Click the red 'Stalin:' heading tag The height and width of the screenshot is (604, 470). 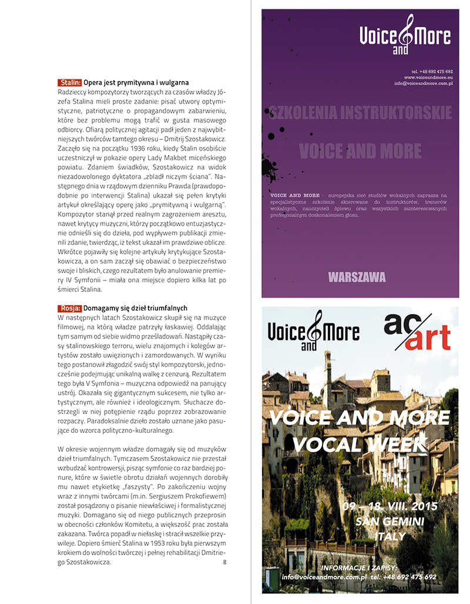pyautogui.click(x=70, y=83)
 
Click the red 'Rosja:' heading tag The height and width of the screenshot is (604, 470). pyautogui.click(x=69, y=308)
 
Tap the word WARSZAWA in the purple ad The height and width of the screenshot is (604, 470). pyautogui.click(x=357, y=276)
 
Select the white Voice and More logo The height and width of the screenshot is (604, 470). pyautogui.click(x=405, y=36)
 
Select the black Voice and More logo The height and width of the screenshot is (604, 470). pyautogui.click(x=313, y=333)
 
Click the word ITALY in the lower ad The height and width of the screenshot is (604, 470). pyautogui.click(x=390, y=536)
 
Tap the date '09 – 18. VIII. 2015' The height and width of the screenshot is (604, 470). pyautogui.click(x=390, y=506)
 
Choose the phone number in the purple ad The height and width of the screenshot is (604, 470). pyautogui.click(x=432, y=71)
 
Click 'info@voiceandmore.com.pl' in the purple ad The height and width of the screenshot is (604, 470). pyautogui.click(x=423, y=84)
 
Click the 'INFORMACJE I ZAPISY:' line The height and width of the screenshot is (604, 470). pyautogui.click(x=359, y=568)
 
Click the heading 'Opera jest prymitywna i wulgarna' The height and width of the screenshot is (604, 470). pyautogui.click(x=136, y=83)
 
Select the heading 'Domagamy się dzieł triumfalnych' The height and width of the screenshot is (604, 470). pyautogui.click(x=135, y=308)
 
